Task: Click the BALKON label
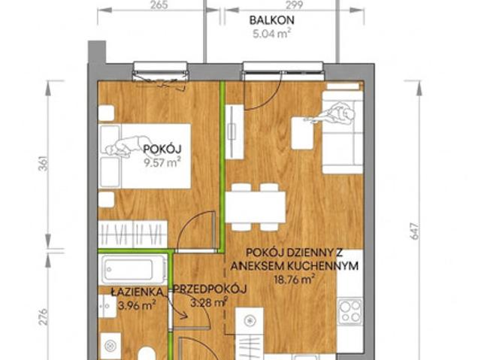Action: click(x=272, y=20)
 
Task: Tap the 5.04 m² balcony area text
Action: click(x=272, y=33)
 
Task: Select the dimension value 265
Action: click(x=159, y=5)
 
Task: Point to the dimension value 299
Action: click(x=294, y=5)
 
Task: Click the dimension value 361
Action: click(x=44, y=164)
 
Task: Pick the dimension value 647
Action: click(x=414, y=231)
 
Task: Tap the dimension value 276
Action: click(x=44, y=316)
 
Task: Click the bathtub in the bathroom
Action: click(x=132, y=270)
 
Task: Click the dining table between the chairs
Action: click(x=256, y=207)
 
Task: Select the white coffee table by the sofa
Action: click(x=303, y=133)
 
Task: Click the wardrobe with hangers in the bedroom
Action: click(x=133, y=234)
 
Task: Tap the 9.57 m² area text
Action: click(x=162, y=162)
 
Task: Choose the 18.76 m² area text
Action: click(x=295, y=279)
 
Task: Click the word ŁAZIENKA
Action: click(x=137, y=292)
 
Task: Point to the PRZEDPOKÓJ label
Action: click(x=210, y=289)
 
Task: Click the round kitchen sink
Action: click(x=250, y=321)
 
